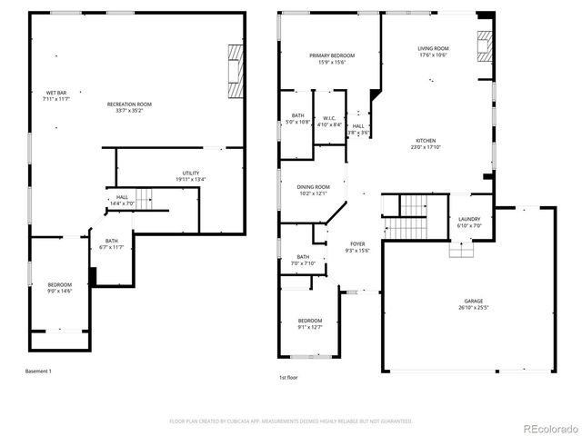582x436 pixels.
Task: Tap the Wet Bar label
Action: [x=56, y=94]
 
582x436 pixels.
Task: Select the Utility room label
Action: [x=190, y=173]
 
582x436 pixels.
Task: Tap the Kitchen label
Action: [x=425, y=141]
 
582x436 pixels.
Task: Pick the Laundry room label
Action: [x=469, y=219]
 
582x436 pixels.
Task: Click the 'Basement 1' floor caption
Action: [x=39, y=371]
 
